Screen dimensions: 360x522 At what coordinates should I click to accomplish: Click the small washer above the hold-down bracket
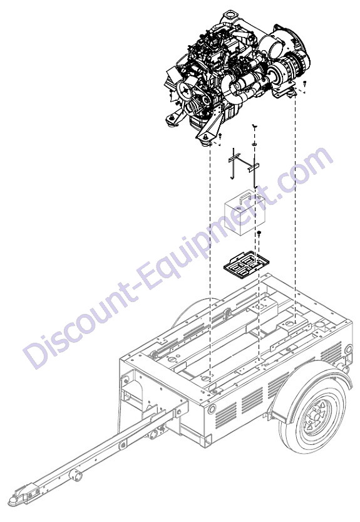254,144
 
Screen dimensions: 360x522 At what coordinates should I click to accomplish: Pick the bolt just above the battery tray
259,233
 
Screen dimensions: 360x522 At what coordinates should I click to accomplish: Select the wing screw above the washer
254,126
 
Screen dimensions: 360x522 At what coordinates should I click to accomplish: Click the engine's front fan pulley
184,90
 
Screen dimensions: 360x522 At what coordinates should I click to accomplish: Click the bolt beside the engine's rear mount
304,83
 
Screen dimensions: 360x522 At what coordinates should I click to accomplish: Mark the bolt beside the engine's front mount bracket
220,135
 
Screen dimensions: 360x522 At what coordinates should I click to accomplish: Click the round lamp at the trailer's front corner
212,409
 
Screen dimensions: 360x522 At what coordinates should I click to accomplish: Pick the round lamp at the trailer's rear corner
348,349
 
